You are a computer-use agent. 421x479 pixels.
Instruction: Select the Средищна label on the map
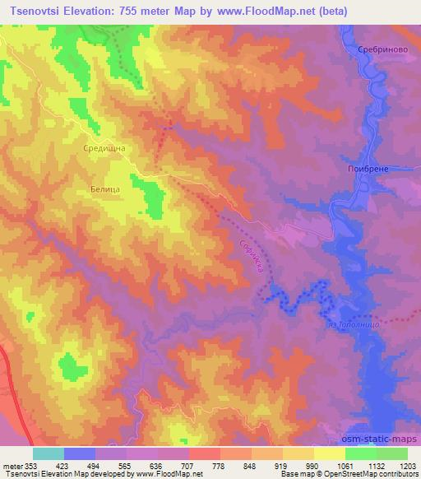pyautogui.click(x=103, y=147)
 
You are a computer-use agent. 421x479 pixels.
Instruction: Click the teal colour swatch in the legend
pyautogui.click(x=49, y=453)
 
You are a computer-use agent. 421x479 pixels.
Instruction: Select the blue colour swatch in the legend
pyautogui.click(x=80, y=453)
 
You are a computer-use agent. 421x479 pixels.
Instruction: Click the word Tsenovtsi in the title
pyautogui.click(x=37, y=12)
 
